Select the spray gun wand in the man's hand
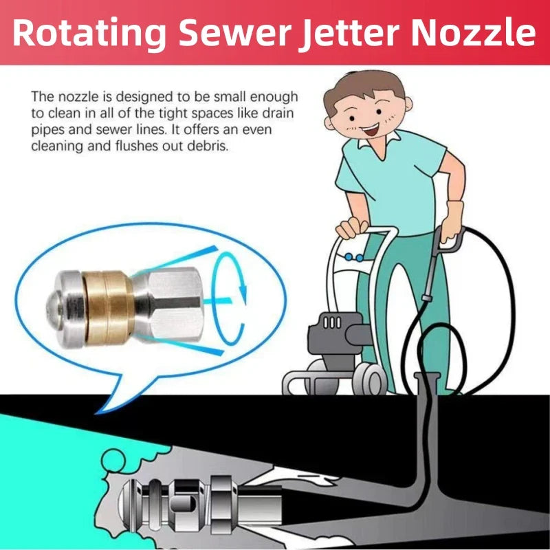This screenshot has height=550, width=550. (x=430, y=275)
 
